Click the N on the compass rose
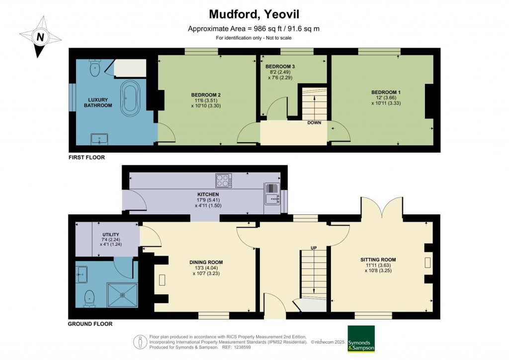40,37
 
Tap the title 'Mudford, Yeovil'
254,14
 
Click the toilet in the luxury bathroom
95,68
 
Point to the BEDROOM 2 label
206,95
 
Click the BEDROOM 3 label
280,67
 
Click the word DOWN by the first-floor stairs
314,123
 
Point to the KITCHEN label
208,194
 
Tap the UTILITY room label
111,234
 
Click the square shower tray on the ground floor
123,295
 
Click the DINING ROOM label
206,262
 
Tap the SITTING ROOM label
378,260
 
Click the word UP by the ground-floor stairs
314,248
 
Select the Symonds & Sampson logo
361,339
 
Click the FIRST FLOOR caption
86,158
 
